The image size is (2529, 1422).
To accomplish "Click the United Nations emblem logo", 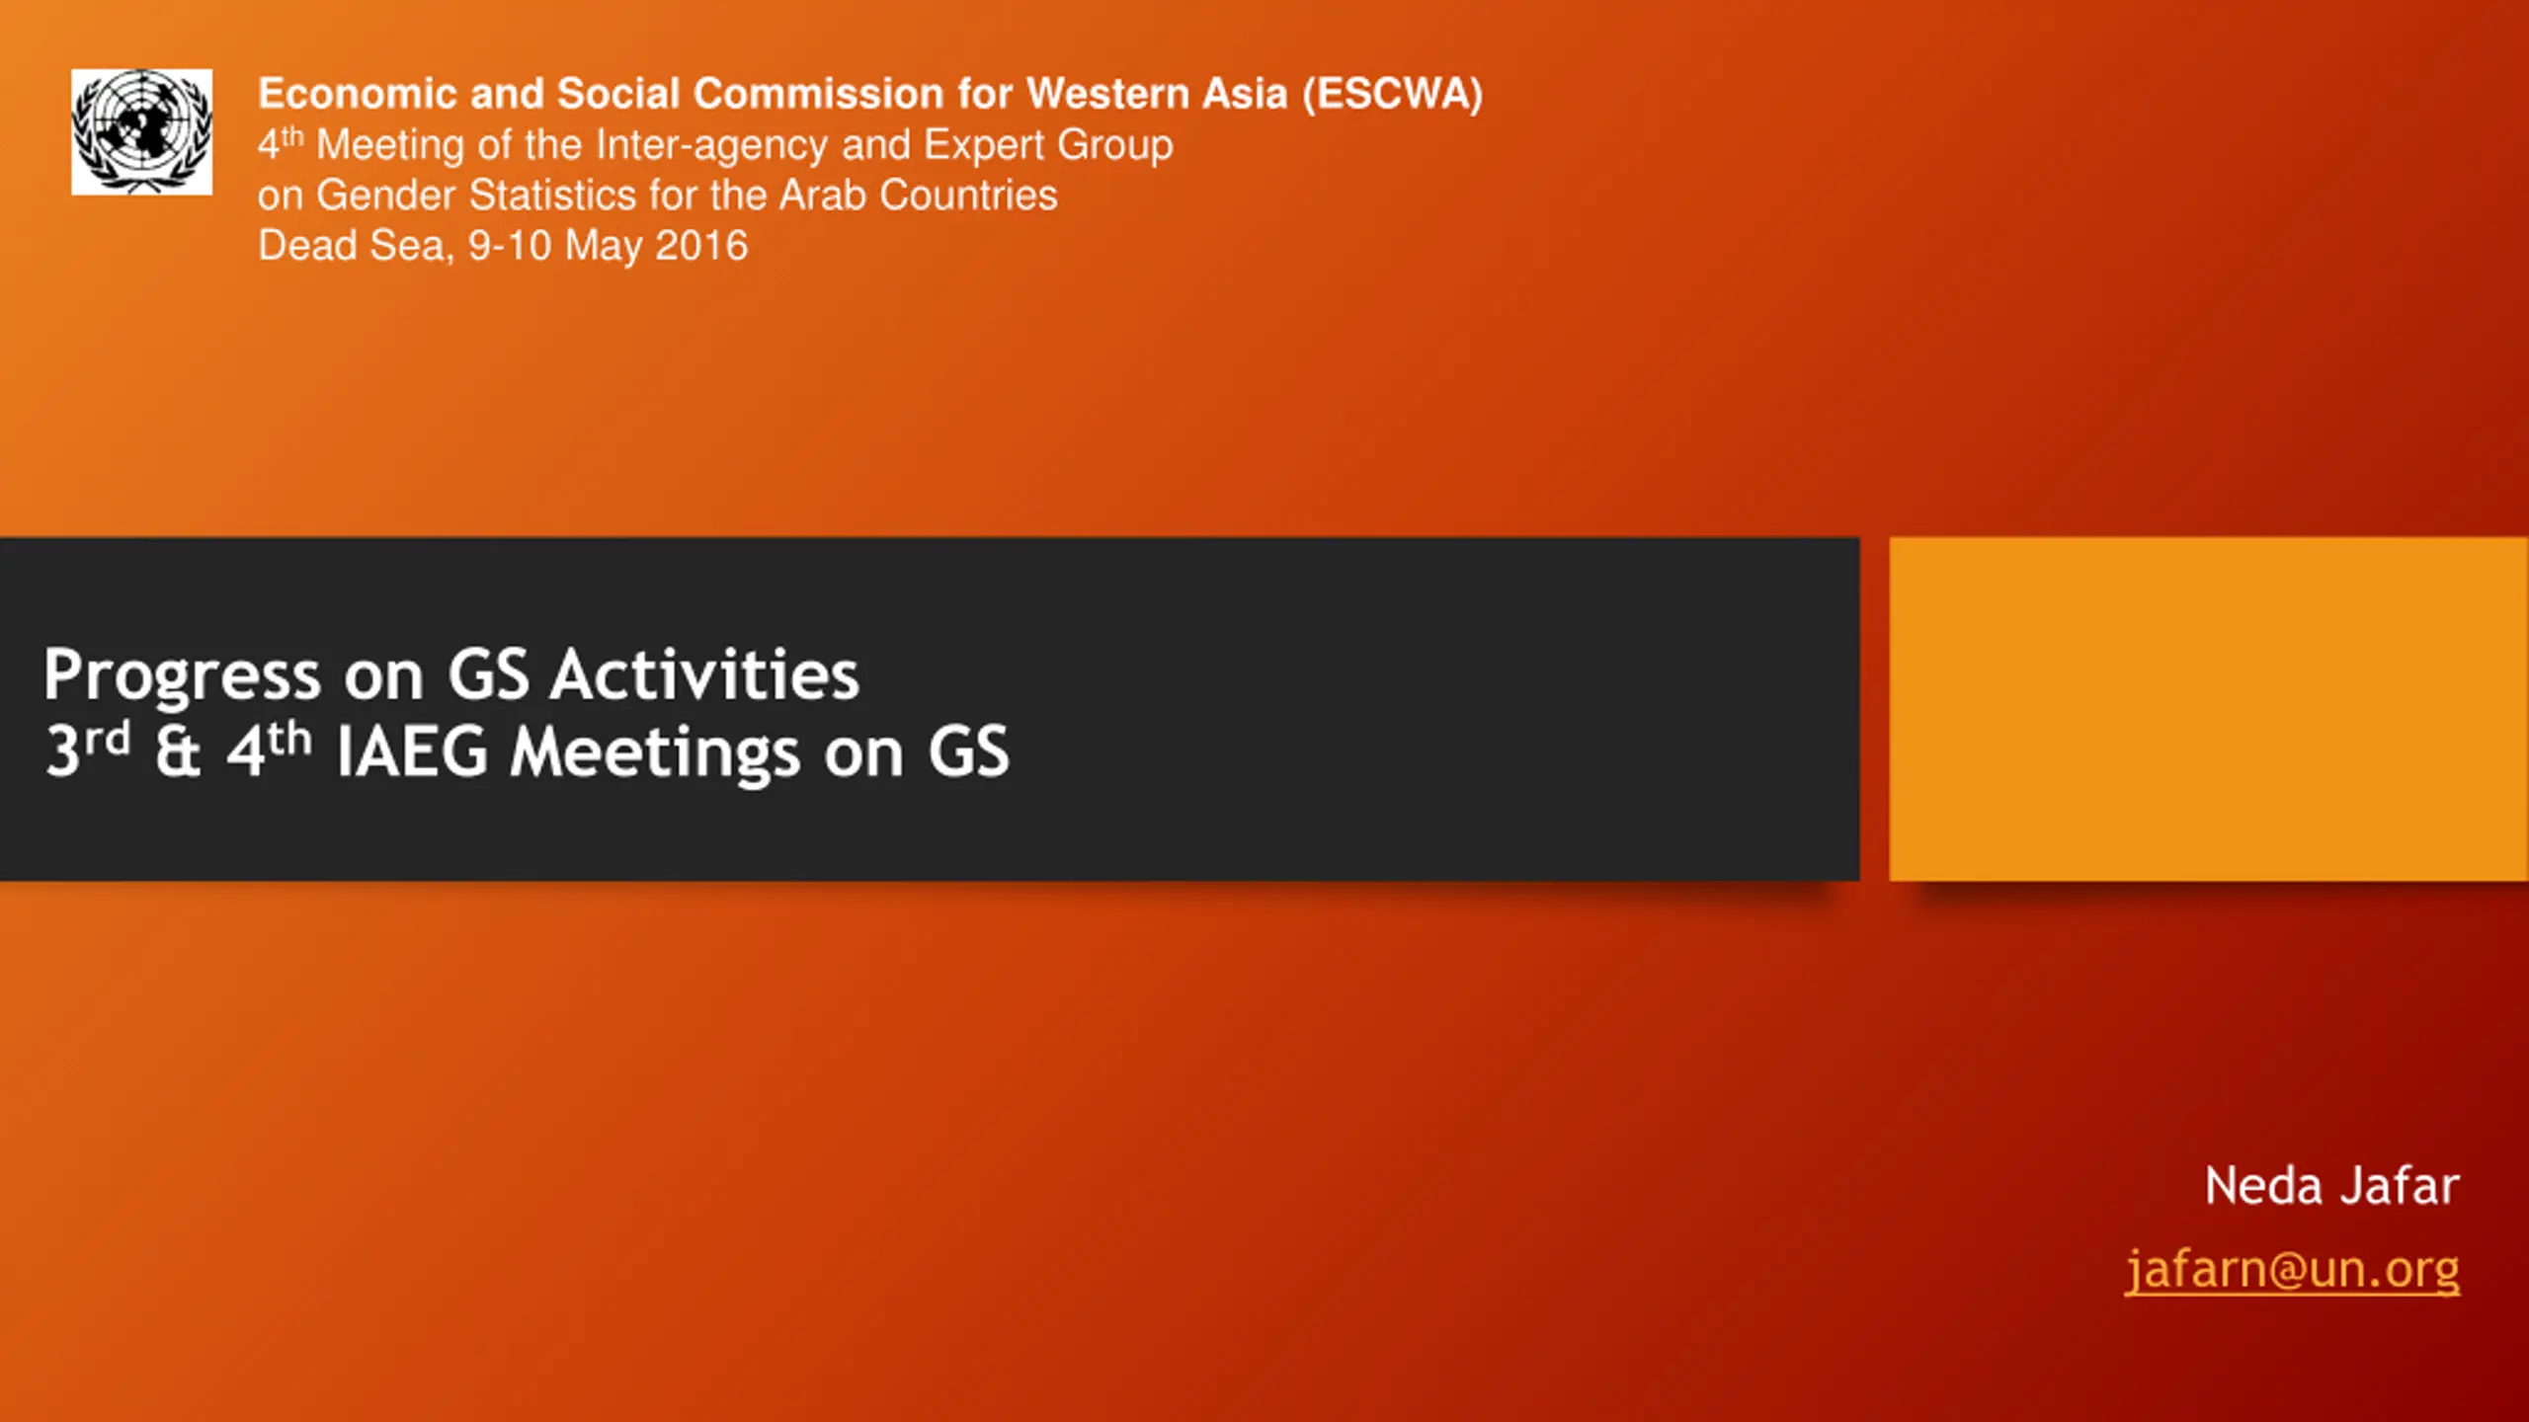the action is click(x=141, y=131).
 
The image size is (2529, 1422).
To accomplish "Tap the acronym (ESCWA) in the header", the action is click(x=1392, y=95).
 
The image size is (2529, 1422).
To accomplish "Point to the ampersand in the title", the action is click(x=178, y=751).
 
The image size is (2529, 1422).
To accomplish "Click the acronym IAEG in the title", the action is click(x=412, y=752).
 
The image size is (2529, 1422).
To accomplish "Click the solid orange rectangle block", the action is click(x=2209, y=708).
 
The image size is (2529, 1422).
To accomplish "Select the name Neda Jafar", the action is click(x=2331, y=1185).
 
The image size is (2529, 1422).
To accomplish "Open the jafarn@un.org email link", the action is click(x=2292, y=1270).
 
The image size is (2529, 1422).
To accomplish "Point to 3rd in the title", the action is click(x=88, y=750).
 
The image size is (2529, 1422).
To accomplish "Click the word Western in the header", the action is click(x=1108, y=94).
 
